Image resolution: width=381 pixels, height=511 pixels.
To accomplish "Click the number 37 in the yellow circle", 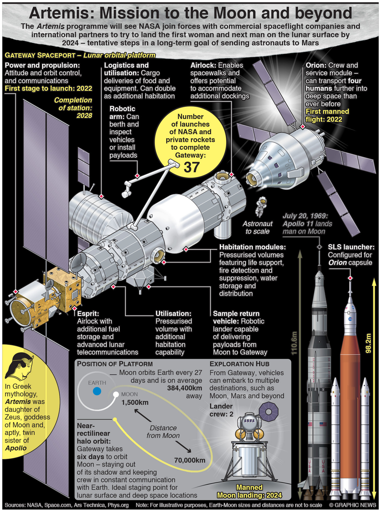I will click(192, 167).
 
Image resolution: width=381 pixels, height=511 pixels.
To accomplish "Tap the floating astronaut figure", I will click(261, 206).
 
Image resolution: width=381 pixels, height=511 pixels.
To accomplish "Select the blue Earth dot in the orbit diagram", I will click(97, 391).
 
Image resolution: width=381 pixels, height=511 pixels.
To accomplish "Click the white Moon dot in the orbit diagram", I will click(116, 394).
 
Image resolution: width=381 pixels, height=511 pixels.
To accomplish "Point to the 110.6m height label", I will click(294, 343).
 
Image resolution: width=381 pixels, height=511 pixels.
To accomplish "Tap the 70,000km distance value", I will click(190, 460).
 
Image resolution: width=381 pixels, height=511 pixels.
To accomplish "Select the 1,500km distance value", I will click(135, 402).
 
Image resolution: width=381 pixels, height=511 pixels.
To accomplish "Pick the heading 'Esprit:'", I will click(88, 314).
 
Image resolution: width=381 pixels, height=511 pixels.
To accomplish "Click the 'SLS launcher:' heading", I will click(351, 247).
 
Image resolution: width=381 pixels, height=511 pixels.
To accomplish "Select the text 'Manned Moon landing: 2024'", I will click(249, 491).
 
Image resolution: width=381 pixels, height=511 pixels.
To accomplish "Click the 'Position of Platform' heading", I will click(115, 364).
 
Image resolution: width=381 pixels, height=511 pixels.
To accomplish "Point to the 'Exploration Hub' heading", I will click(239, 364).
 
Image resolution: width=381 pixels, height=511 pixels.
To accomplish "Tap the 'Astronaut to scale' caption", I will click(257, 227).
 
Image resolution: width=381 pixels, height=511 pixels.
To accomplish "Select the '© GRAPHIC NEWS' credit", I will click(352, 505).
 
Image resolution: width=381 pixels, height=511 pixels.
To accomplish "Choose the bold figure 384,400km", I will click(185, 388).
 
